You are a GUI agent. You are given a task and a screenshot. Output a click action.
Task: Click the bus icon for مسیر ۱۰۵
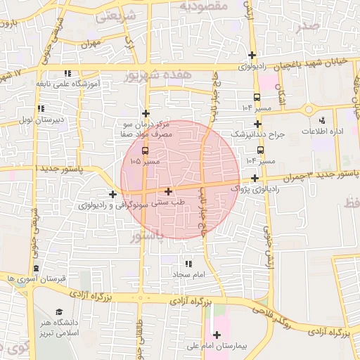tap(146, 150)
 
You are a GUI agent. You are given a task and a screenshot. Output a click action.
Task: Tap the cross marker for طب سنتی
tap(168, 191)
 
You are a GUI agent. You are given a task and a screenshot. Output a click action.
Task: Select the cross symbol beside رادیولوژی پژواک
tap(255, 179)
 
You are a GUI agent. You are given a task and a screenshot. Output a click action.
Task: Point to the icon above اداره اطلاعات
tap(322, 121)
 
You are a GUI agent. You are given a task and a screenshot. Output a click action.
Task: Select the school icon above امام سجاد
tap(187, 264)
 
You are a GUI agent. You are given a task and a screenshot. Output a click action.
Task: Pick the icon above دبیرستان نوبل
tap(41, 108)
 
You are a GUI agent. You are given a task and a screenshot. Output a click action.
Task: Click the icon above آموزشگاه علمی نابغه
tap(67, 72)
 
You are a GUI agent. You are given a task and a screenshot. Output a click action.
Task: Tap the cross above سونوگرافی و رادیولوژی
tap(112, 193)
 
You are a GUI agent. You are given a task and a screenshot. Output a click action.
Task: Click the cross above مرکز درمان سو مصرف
tap(146, 112)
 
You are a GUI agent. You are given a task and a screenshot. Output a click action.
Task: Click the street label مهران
tap(91, 43)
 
